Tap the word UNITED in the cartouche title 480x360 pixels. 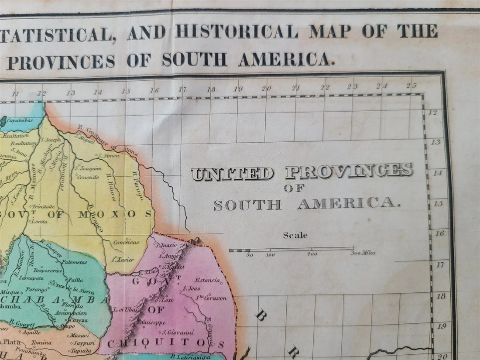233,174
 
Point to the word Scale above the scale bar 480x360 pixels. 295,235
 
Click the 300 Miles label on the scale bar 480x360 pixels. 362,253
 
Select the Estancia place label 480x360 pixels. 207,280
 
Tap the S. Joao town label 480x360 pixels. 191,288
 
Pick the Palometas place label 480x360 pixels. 74,262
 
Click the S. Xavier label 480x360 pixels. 122,259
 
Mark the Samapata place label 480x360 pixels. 31,278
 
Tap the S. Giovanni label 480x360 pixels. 180,333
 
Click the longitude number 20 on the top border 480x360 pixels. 266,88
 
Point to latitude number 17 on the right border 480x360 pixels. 440,264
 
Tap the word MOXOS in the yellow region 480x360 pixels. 115,214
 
